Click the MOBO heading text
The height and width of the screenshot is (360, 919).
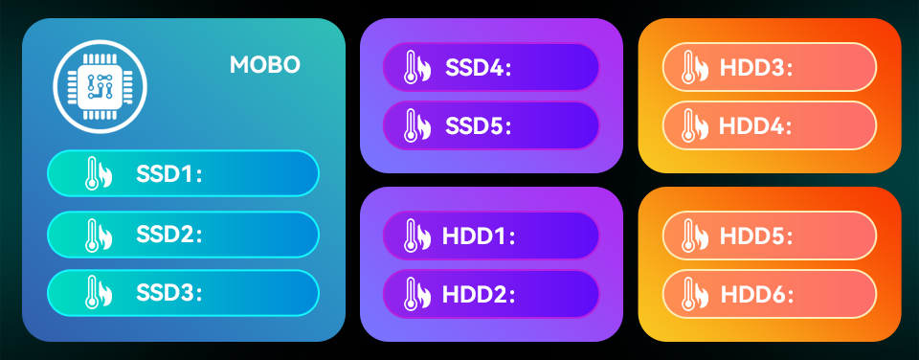click(x=265, y=64)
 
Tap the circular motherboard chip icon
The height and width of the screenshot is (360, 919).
click(x=100, y=86)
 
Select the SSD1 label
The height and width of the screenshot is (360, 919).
click(x=169, y=173)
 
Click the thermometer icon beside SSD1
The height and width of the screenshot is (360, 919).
click(x=98, y=173)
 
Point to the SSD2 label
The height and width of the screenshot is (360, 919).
click(x=169, y=235)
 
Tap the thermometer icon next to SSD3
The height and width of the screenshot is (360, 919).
click(x=98, y=292)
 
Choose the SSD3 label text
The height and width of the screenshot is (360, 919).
click(x=169, y=293)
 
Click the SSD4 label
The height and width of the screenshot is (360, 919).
click(x=479, y=67)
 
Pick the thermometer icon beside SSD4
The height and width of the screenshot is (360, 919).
click(x=416, y=67)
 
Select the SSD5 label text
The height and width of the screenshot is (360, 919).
click(x=479, y=125)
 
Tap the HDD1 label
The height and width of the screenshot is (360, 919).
click(x=479, y=236)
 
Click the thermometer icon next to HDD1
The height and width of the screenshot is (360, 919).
click(x=416, y=236)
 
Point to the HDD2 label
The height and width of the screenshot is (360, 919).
click(x=479, y=294)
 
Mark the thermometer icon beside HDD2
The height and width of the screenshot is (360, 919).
click(x=416, y=293)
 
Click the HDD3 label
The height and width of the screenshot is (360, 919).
click(x=756, y=67)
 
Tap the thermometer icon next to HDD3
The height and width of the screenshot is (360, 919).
click(x=695, y=67)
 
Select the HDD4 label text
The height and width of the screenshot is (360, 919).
click(x=756, y=125)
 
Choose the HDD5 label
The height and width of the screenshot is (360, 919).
click(x=756, y=236)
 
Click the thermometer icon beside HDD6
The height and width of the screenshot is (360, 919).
click(x=695, y=293)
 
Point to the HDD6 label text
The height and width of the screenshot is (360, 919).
click(x=756, y=294)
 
